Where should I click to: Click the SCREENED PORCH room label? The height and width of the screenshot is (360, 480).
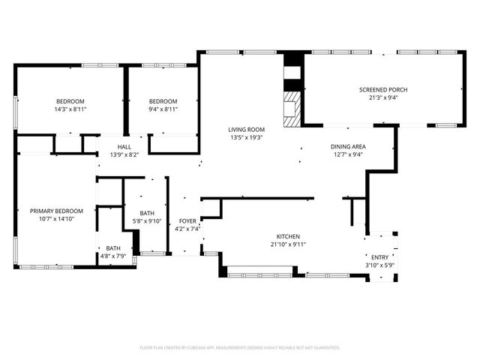tap(382, 89)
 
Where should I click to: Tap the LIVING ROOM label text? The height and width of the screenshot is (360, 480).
tap(247, 130)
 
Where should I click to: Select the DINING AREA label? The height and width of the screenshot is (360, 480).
tap(348, 147)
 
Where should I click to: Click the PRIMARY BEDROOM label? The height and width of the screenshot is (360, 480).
tap(56, 211)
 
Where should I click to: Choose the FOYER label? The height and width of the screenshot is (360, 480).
tap(187, 221)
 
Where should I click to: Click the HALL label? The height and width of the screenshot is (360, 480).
tap(124, 147)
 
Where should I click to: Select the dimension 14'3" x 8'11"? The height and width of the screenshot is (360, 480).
tap(70, 109)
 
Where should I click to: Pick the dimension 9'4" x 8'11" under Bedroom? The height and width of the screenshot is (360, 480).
tap(163, 109)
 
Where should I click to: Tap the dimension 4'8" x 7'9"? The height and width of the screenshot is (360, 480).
tap(113, 256)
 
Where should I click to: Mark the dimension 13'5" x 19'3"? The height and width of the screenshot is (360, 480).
tap(247, 138)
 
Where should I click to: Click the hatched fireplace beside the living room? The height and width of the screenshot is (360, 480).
tap(291, 109)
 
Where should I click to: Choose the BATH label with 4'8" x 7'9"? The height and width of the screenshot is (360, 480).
tap(113, 248)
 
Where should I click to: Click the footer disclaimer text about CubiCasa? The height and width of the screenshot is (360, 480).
tap(240, 347)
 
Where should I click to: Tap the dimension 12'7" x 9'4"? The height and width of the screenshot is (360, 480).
tap(348, 155)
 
